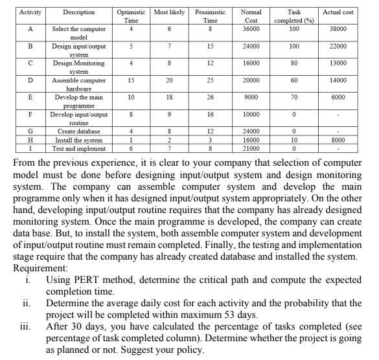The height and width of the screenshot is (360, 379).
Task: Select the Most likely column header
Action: pos(170,12)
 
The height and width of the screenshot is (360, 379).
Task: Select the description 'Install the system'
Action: pos(80,139)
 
